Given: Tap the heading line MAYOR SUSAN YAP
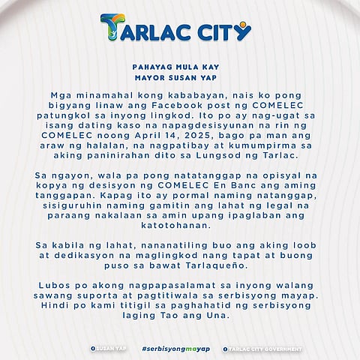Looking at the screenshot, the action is [x=179, y=77].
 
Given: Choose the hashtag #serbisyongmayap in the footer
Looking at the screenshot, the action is [x=175, y=349].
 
